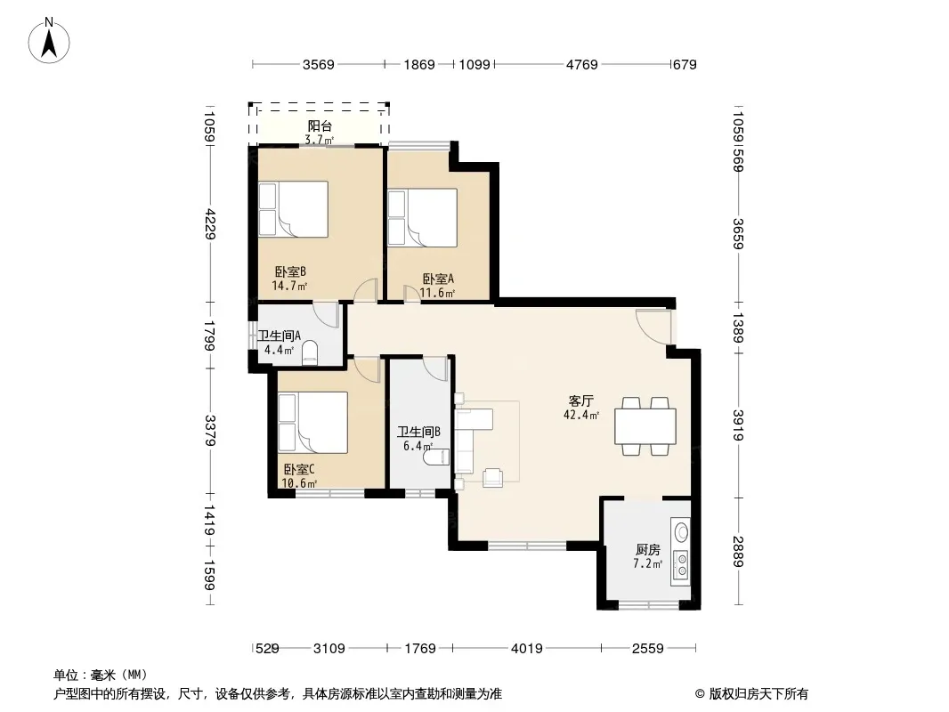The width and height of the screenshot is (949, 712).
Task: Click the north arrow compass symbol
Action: click(x=49, y=41)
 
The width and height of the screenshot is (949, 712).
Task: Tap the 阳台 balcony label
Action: click(x=320, y=125)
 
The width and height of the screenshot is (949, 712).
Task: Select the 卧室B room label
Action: click(x=290, y=271)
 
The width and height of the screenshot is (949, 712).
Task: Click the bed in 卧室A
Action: click(x=423, y=218)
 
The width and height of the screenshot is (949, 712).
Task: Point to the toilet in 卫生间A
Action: click(x=309, y=353)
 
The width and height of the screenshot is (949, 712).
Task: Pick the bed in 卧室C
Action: click(x=312, y=422)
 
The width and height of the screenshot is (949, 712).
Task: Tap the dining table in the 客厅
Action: click(x=645, y=426)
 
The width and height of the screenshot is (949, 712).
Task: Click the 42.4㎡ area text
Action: click(x=581, y=415)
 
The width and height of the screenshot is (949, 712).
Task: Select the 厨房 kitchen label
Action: click(x=647, y=550)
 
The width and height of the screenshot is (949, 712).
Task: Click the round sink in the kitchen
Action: click(x=682, y=532)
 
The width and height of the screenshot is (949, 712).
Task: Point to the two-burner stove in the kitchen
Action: click(x=681, y=564)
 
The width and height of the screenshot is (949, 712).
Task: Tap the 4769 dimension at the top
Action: click(x=581, y=64)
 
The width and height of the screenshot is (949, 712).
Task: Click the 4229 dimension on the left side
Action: click(x=209, y=223)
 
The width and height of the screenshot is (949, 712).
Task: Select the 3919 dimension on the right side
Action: click(x=738, y=425)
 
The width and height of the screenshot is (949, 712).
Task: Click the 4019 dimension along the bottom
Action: click(x=526, y=649)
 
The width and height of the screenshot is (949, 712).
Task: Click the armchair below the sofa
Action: click(x=492, y=478)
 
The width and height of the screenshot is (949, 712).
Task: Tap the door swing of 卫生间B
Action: click(x=435, y=368)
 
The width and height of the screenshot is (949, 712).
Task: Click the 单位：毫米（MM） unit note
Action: click(x=101, y=676)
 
